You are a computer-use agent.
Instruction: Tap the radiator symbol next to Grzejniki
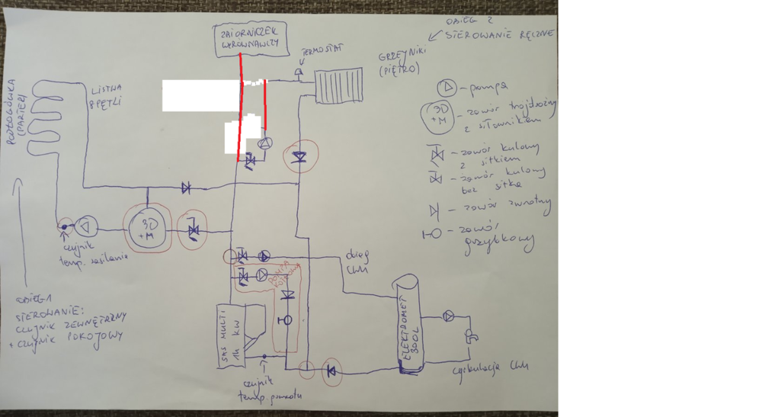click(339, 85)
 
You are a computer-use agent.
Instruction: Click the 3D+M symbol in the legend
click(440, 114)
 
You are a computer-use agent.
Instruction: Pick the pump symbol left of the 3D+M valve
click(87, 226)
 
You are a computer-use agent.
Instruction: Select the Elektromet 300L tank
click(409, 324)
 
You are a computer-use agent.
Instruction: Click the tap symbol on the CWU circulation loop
click(472, 335)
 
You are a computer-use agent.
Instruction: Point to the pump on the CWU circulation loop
click(449, 316)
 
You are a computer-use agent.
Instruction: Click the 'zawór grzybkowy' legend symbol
click(431, 234)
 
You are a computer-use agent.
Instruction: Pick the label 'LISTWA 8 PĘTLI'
click(104, 95)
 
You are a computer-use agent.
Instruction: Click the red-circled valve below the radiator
click(299, 157)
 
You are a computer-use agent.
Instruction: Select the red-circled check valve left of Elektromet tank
click(331, 372)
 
